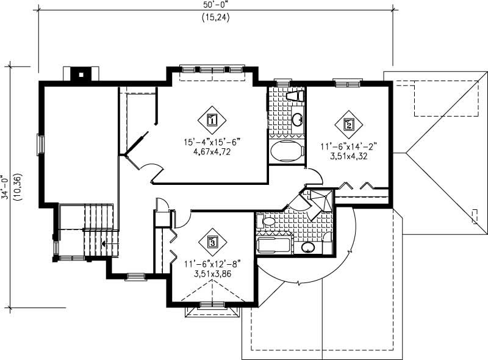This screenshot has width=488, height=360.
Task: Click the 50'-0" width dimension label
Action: point(217,4)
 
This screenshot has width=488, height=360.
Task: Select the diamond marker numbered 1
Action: point(212,120)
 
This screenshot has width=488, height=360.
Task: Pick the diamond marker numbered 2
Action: point(349,124)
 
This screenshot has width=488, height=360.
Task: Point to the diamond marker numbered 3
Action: point(212,242)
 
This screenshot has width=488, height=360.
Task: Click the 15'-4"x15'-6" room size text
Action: point(212,142)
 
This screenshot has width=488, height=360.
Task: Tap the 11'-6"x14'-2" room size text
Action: point(349,146)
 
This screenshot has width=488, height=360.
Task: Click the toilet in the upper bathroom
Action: point(295,97)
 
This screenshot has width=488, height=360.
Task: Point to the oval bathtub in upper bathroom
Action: point(286,151)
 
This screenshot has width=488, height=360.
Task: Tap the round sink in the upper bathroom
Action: point(297,119)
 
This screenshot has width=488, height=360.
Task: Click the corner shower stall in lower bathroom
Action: point(319,201)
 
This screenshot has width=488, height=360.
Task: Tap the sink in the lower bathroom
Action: point(309,248)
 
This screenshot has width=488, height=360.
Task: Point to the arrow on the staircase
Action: point(106,243)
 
